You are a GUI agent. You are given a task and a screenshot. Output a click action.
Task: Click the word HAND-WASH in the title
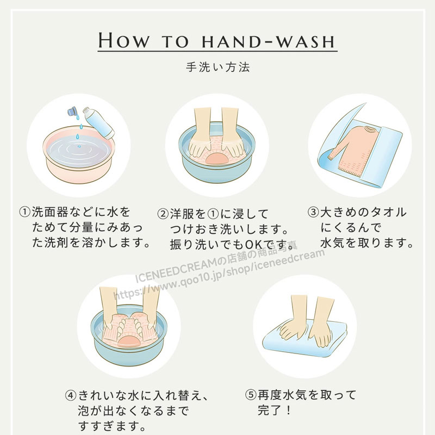pyautogui.click(x=269, y=41)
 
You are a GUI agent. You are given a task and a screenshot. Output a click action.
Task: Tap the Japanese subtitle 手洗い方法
pyautogui.click(x=218, y=67)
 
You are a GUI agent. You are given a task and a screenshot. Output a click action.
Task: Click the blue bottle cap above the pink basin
pyautogui.click(x=73, y=111)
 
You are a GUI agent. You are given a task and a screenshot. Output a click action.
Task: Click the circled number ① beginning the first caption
pyautogui.click(x=24, y=212)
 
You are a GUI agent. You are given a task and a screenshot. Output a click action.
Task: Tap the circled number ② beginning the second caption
pyautogui.click(x=163, y=214)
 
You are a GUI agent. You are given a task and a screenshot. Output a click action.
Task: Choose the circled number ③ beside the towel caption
pyautogui.click(x=313, y=212)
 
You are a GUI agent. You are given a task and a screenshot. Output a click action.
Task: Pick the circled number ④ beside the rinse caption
pyautogui.click(x=71, y=395)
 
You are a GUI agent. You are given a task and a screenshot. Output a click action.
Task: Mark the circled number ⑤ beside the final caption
pyautogui.click(x=251, y=395)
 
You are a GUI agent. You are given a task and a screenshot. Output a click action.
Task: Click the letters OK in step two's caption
pyautogui.click(x=254, y=245)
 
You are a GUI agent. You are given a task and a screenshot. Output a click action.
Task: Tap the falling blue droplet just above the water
pyautogui.click(x=78, y=137)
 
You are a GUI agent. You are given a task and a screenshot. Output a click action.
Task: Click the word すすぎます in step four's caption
pyautogui.click(x=109, y=426)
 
